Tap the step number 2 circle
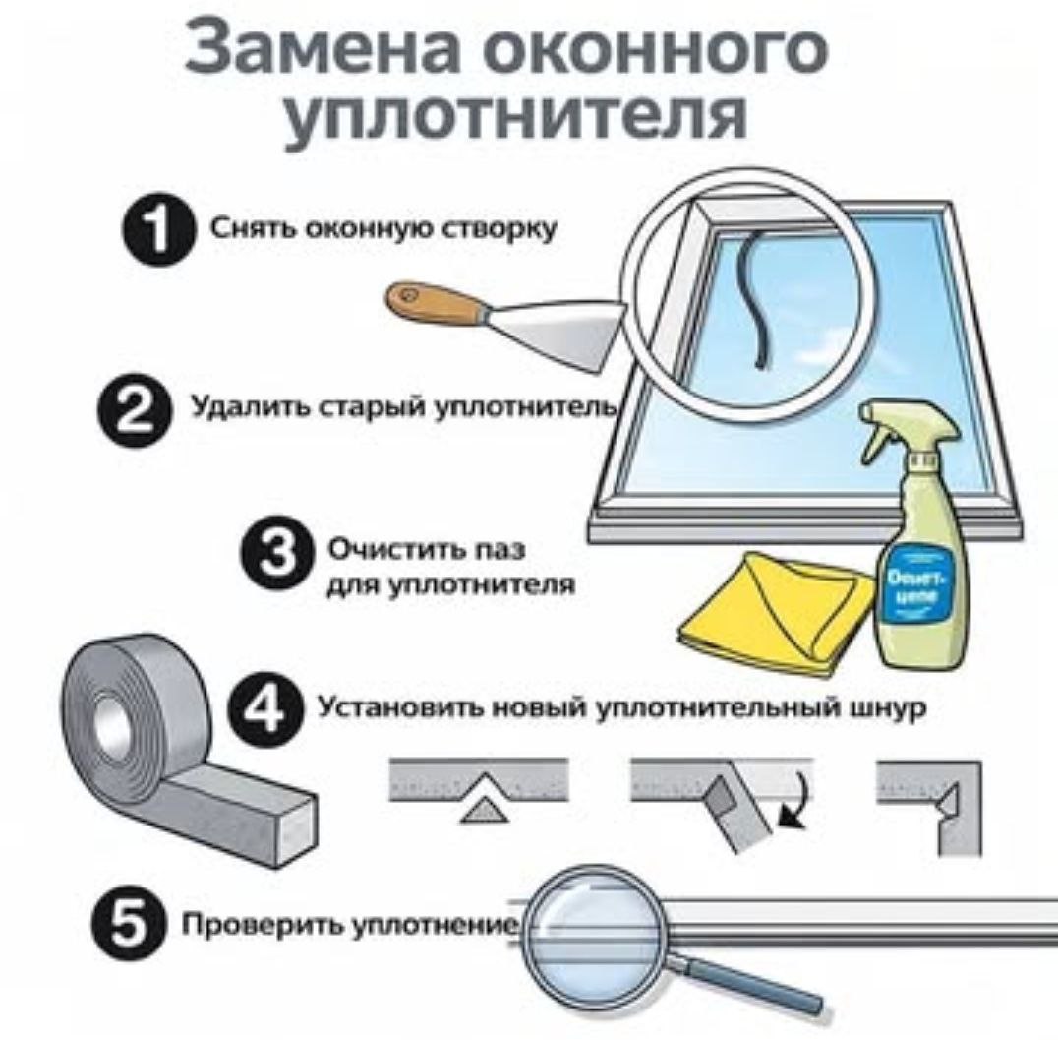131,413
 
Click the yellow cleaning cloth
777,610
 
